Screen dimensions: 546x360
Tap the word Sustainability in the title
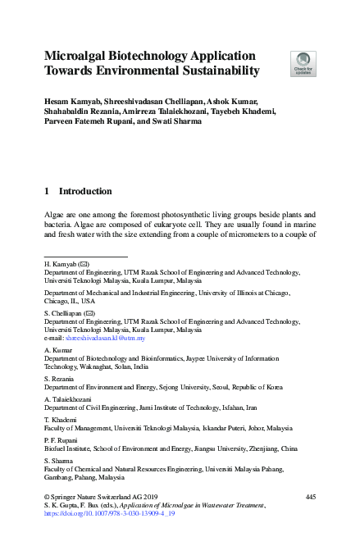click(215, 71)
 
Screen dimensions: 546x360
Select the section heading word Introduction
click(85, 191)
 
